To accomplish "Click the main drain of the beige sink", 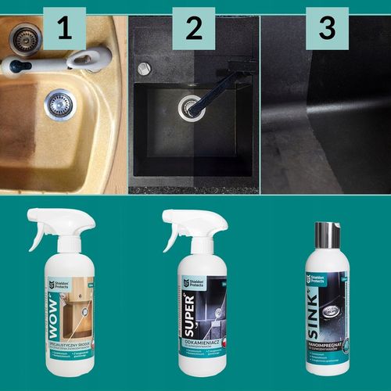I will point(59,102).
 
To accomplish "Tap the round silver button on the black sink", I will point(144,68).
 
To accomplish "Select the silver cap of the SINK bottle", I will point(325,234).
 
